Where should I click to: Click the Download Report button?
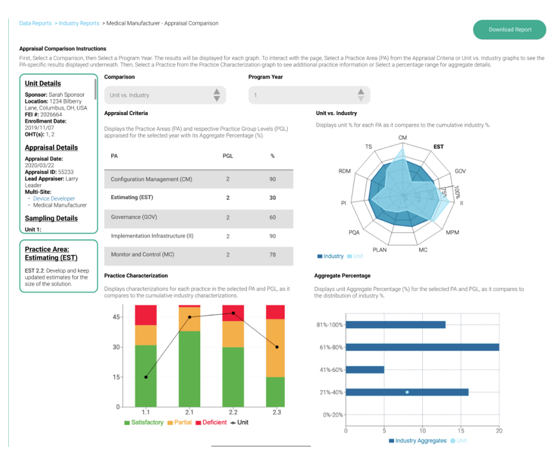pyautogui.click(x=509, y=30)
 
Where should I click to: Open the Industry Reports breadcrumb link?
pyautogui.click(x=79, y=24)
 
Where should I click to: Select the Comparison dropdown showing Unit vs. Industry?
pyautogui.click(x=165, y=95)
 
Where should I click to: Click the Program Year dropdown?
pyautogui.click(x=309, y=95)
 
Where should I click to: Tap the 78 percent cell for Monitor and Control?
pyautogui.click(x=272, y=254)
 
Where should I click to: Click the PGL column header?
pyautogui.click(x=228, y=156)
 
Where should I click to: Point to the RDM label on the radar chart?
pyautogui.click(x=344, y=171)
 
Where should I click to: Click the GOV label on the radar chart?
pyautogui.click(x=460, y=171)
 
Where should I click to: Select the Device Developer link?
pyautogui.click(x=54, y=199)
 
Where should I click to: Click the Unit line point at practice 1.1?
pyautogui.click(x=146, y=377)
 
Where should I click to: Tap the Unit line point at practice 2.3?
pyautogui.click(x=276, y=347)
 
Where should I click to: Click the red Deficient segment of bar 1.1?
pyautogui.click(x=146, y=315)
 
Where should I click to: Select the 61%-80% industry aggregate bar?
pyautogui.click(x=422, y=347)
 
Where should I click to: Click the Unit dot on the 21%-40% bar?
pyautogui.click(x=407, y=392)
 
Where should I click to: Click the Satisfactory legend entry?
pyautogui.click(x=144, y=423)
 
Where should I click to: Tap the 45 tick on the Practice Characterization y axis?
pyautogui.click(x=116, y=317)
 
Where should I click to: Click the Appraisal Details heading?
pyautogui.click(x=51, y=148)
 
